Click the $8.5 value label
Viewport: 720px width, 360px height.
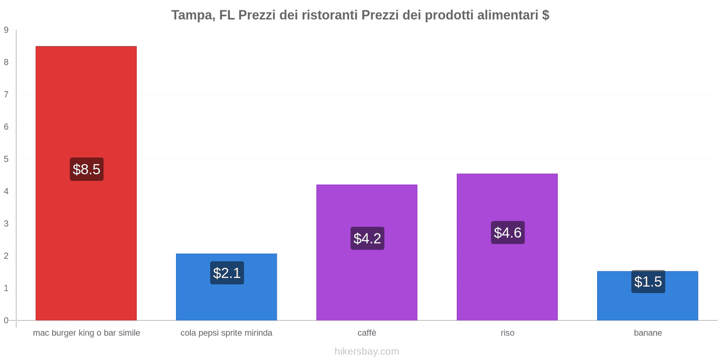click(x=86, y=169)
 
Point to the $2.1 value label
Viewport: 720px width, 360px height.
click(x=227, y=273)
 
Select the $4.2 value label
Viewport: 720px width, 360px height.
click(x=367, y=238)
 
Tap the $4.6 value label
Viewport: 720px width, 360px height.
click(x=508, y=232)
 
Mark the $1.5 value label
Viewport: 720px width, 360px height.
click(x=648, y=281)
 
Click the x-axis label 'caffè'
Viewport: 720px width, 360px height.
click(x=367, y=333)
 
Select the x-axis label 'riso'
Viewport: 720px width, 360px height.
click(x=508, y=333)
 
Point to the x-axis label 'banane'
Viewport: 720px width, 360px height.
click(x=648, y=333)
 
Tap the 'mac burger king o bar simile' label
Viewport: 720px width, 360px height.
click(x=86, y=333)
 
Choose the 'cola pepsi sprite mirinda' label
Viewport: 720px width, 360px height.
click(x=226, y=333)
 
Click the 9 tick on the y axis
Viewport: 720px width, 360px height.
click(x=6, y=30)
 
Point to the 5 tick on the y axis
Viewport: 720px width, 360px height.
click(x=6, y=159)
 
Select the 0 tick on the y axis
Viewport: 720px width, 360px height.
click(x=6, y=320)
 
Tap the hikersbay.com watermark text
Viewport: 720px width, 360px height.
click(x=367, y=351)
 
